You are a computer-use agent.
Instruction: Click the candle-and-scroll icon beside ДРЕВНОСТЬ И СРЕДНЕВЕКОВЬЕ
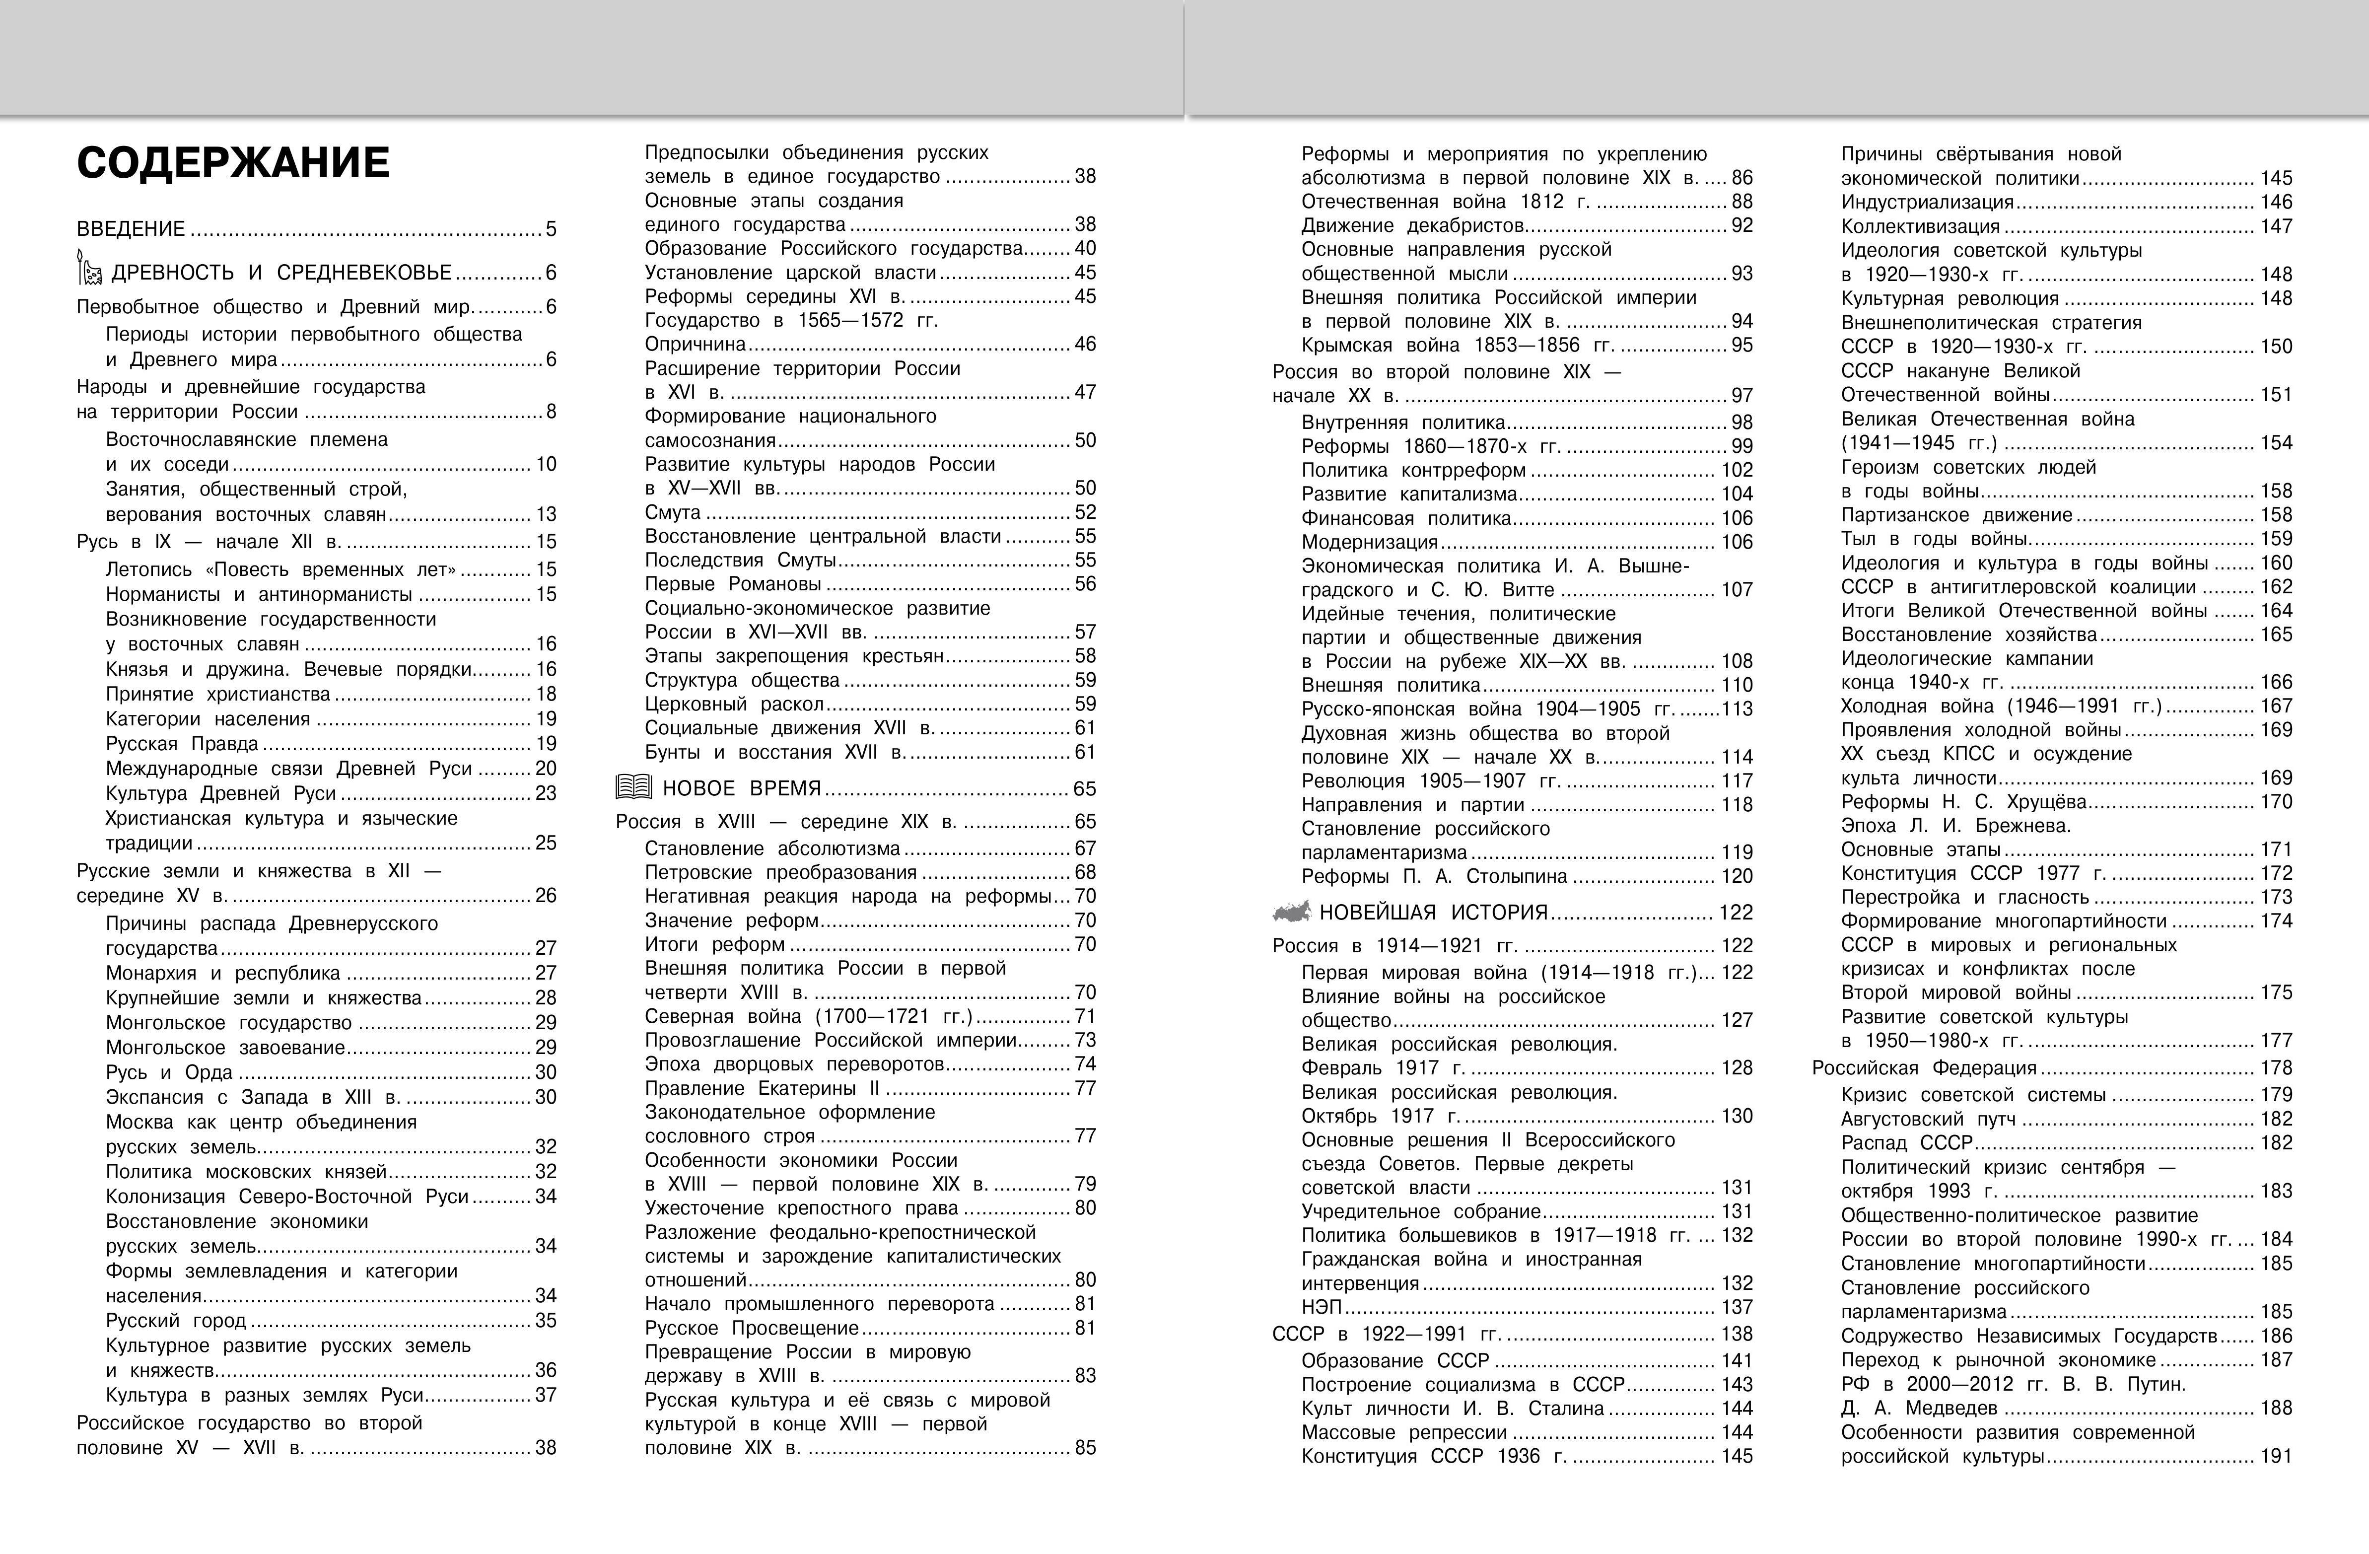point(89,270)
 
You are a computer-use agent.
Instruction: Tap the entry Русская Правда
point(182,744)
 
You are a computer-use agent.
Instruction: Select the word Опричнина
point(695,345)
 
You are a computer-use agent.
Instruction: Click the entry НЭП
point(1322,1307)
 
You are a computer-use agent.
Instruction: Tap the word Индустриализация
point(1927,202)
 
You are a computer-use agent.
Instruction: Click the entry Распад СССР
point(1906,1143)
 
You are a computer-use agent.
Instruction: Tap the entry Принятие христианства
point(218,694)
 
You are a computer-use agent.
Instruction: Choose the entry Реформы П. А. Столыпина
point(1433,876)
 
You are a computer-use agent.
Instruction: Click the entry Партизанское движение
point(1956,515)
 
